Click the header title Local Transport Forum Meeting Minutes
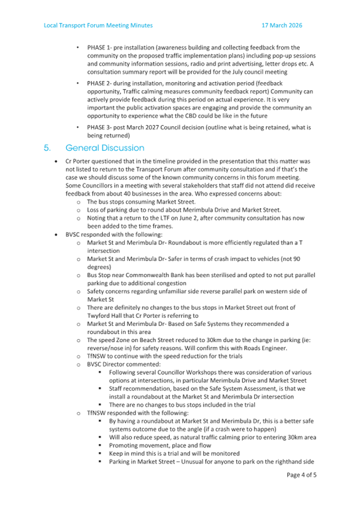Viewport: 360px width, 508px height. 98,25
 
